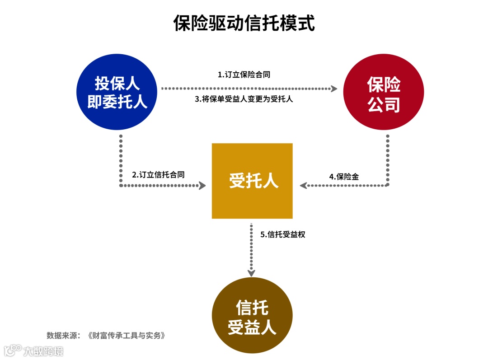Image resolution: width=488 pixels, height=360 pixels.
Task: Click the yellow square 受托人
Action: (252, 181)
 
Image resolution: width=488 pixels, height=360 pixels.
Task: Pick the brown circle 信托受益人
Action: (252, 316)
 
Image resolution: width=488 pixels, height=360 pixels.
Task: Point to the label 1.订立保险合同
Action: (244, 75)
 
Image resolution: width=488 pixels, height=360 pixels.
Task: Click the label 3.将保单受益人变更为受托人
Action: (244, 99)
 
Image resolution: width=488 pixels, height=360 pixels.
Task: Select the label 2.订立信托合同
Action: (158, 174)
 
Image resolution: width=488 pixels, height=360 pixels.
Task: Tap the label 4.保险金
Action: (344, 177)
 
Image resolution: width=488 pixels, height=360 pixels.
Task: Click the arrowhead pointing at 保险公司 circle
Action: (334, 89)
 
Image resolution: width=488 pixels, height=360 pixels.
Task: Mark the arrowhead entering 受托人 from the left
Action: (202, 185)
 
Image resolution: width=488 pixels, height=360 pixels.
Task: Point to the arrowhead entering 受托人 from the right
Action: (303, 185)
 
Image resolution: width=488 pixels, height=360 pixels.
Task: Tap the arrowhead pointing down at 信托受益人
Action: (252, 272)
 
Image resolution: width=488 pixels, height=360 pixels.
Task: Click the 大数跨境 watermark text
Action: (43, 351)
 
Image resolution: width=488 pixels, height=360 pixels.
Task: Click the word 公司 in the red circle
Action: (384, 104)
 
